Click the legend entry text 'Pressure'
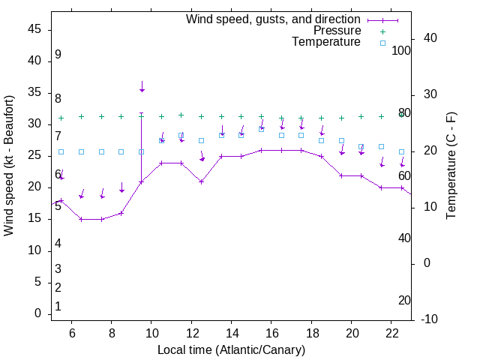coord(337,31)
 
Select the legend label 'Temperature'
coord(326,42)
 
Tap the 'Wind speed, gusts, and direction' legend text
coord(274,19)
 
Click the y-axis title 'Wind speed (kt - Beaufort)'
coord(9,165)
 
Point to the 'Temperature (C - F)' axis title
coord(451,166)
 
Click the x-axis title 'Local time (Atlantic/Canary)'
coord(232,349)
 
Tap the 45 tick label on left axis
coord(34,29)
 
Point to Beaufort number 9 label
coord(58,55)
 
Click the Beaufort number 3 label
coord(58,269)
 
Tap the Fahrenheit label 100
coord(402,50)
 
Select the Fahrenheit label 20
coord(404,301)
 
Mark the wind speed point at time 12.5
coord(202,181)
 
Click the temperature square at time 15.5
coord(262,129)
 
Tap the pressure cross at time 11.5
coord(181,115)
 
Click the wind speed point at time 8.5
coord(121,213)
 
